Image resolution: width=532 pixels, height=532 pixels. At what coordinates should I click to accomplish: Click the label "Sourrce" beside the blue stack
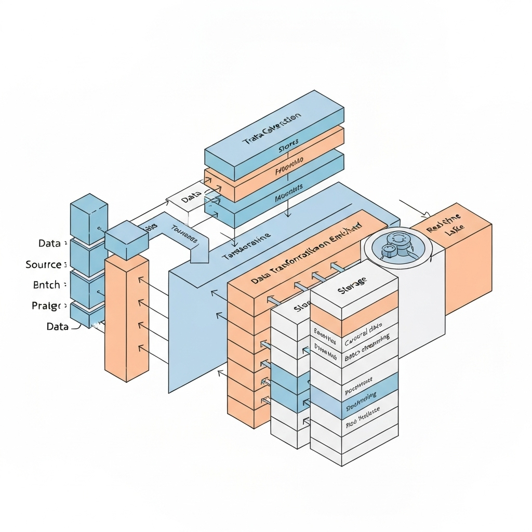44,264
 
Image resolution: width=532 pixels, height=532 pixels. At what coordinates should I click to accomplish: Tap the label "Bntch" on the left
46,285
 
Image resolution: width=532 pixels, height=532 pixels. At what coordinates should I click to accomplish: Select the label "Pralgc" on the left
47,305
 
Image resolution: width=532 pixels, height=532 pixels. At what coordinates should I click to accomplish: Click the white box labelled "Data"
191,199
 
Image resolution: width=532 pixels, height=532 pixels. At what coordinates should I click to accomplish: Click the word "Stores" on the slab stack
289,147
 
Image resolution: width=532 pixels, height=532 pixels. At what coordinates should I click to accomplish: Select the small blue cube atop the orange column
126,240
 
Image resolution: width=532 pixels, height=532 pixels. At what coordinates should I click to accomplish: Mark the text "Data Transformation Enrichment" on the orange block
307,254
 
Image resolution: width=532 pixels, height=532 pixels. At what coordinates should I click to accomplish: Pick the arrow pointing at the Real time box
416,208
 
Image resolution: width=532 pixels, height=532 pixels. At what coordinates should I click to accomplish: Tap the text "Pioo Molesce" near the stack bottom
362,417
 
